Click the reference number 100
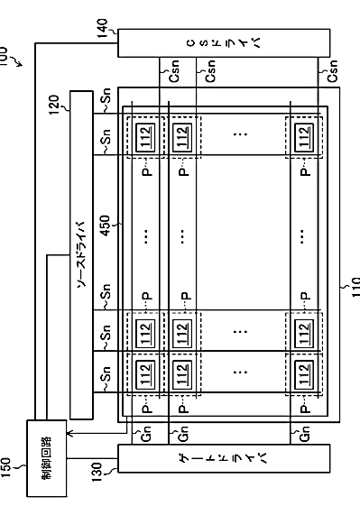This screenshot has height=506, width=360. [3, 56]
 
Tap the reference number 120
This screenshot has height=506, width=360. [54, 105]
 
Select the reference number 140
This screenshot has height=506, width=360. [102, 28]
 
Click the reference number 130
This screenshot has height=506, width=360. [97, 473]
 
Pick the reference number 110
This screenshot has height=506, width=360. [355, 287]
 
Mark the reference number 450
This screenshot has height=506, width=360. [106, 225]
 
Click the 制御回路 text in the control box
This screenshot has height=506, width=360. [47, 458]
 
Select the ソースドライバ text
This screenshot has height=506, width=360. [80, 254]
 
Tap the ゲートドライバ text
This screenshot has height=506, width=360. [223, 458]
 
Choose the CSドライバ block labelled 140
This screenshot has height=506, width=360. [224, 43]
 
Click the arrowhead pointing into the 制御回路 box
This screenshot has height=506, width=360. [69, 433]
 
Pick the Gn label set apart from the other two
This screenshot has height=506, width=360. [304, 433]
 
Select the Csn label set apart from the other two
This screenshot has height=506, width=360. [332, 71]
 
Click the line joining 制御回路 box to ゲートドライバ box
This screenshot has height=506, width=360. [92, 458]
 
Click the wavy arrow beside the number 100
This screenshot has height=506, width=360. [17, 61]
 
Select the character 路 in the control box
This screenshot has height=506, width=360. [47, 442]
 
